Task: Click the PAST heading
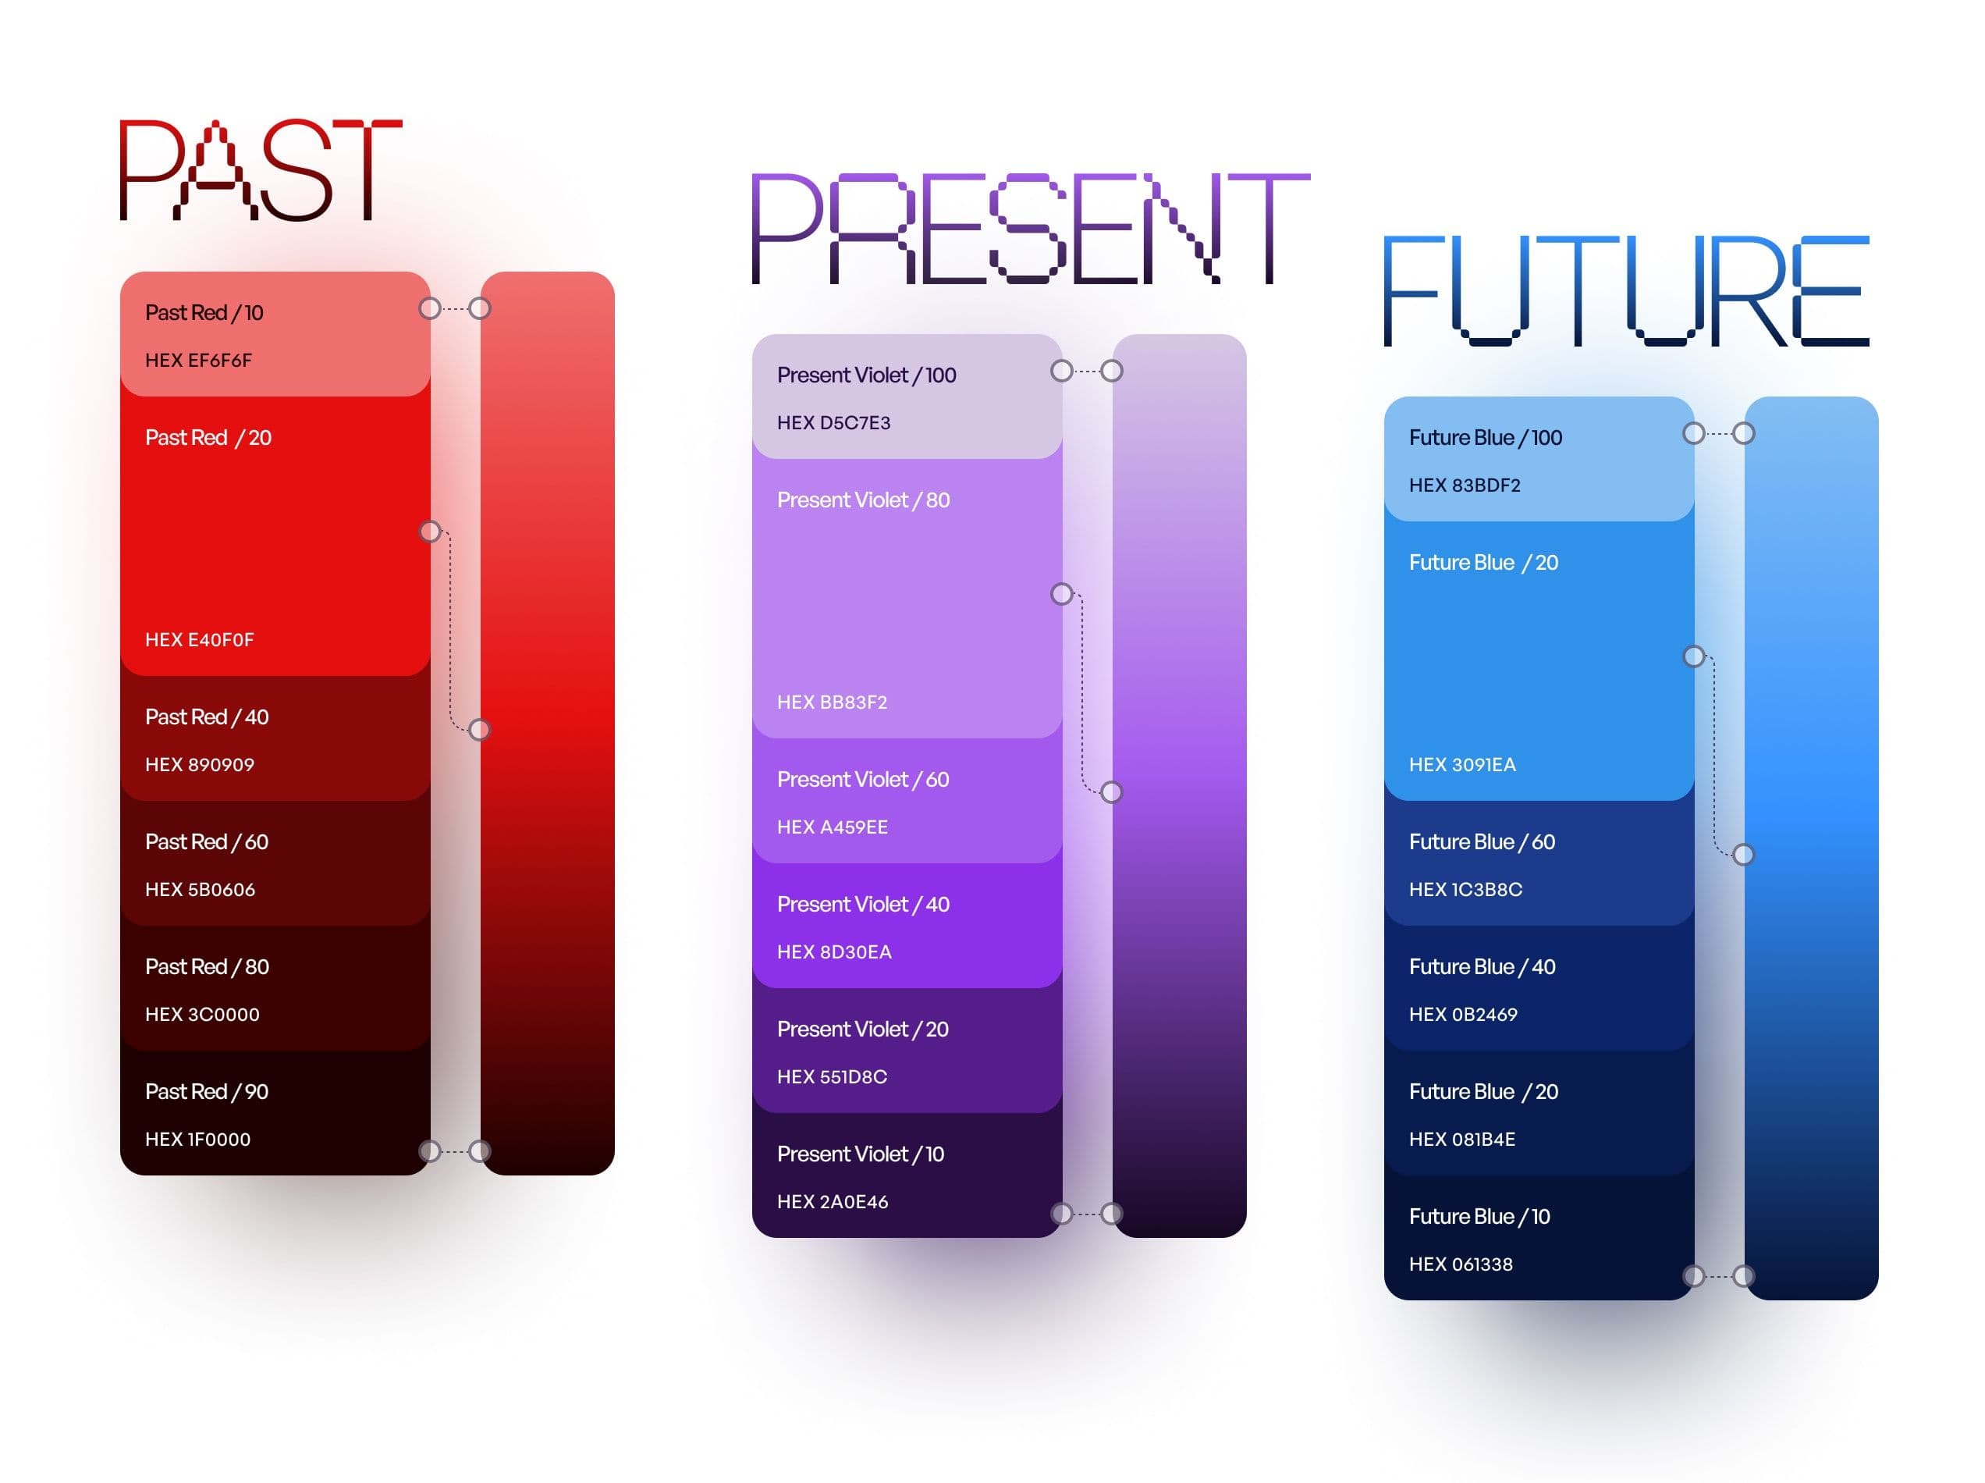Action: point(261,169)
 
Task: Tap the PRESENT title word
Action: point(1030,228)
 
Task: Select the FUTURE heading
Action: point(1626,291)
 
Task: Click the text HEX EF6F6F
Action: point(198,360)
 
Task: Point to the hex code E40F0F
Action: point(199,640)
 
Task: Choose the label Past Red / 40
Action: point(207,717)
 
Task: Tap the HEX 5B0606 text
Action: point(200,890)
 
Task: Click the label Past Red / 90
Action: point(207,1092)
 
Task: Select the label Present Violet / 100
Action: point(866,375)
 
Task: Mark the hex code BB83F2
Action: point(832,702)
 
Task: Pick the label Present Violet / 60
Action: point(862,779)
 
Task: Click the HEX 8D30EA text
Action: point(833,951)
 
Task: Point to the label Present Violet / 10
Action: point(860,1154)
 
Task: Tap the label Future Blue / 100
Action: point(1485,437)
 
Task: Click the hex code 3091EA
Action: point(1461,765)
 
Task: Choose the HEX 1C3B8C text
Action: point(1465,890)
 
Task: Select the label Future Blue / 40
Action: point(1482,967)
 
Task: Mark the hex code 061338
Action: point(1460,1264)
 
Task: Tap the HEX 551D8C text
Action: point(832,1076)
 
